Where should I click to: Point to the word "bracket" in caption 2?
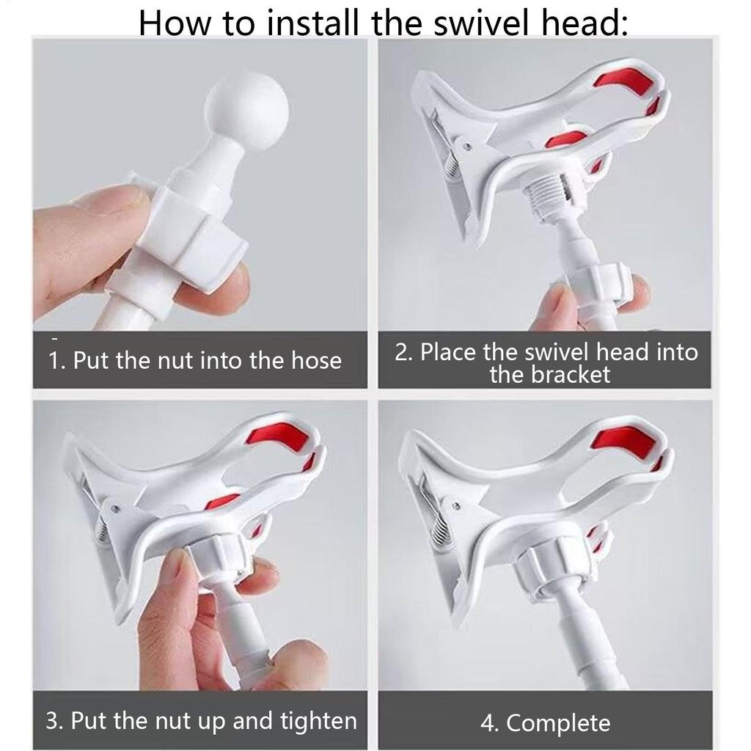[x=549, y=375]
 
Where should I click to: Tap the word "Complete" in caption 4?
[x=558, y=722]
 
